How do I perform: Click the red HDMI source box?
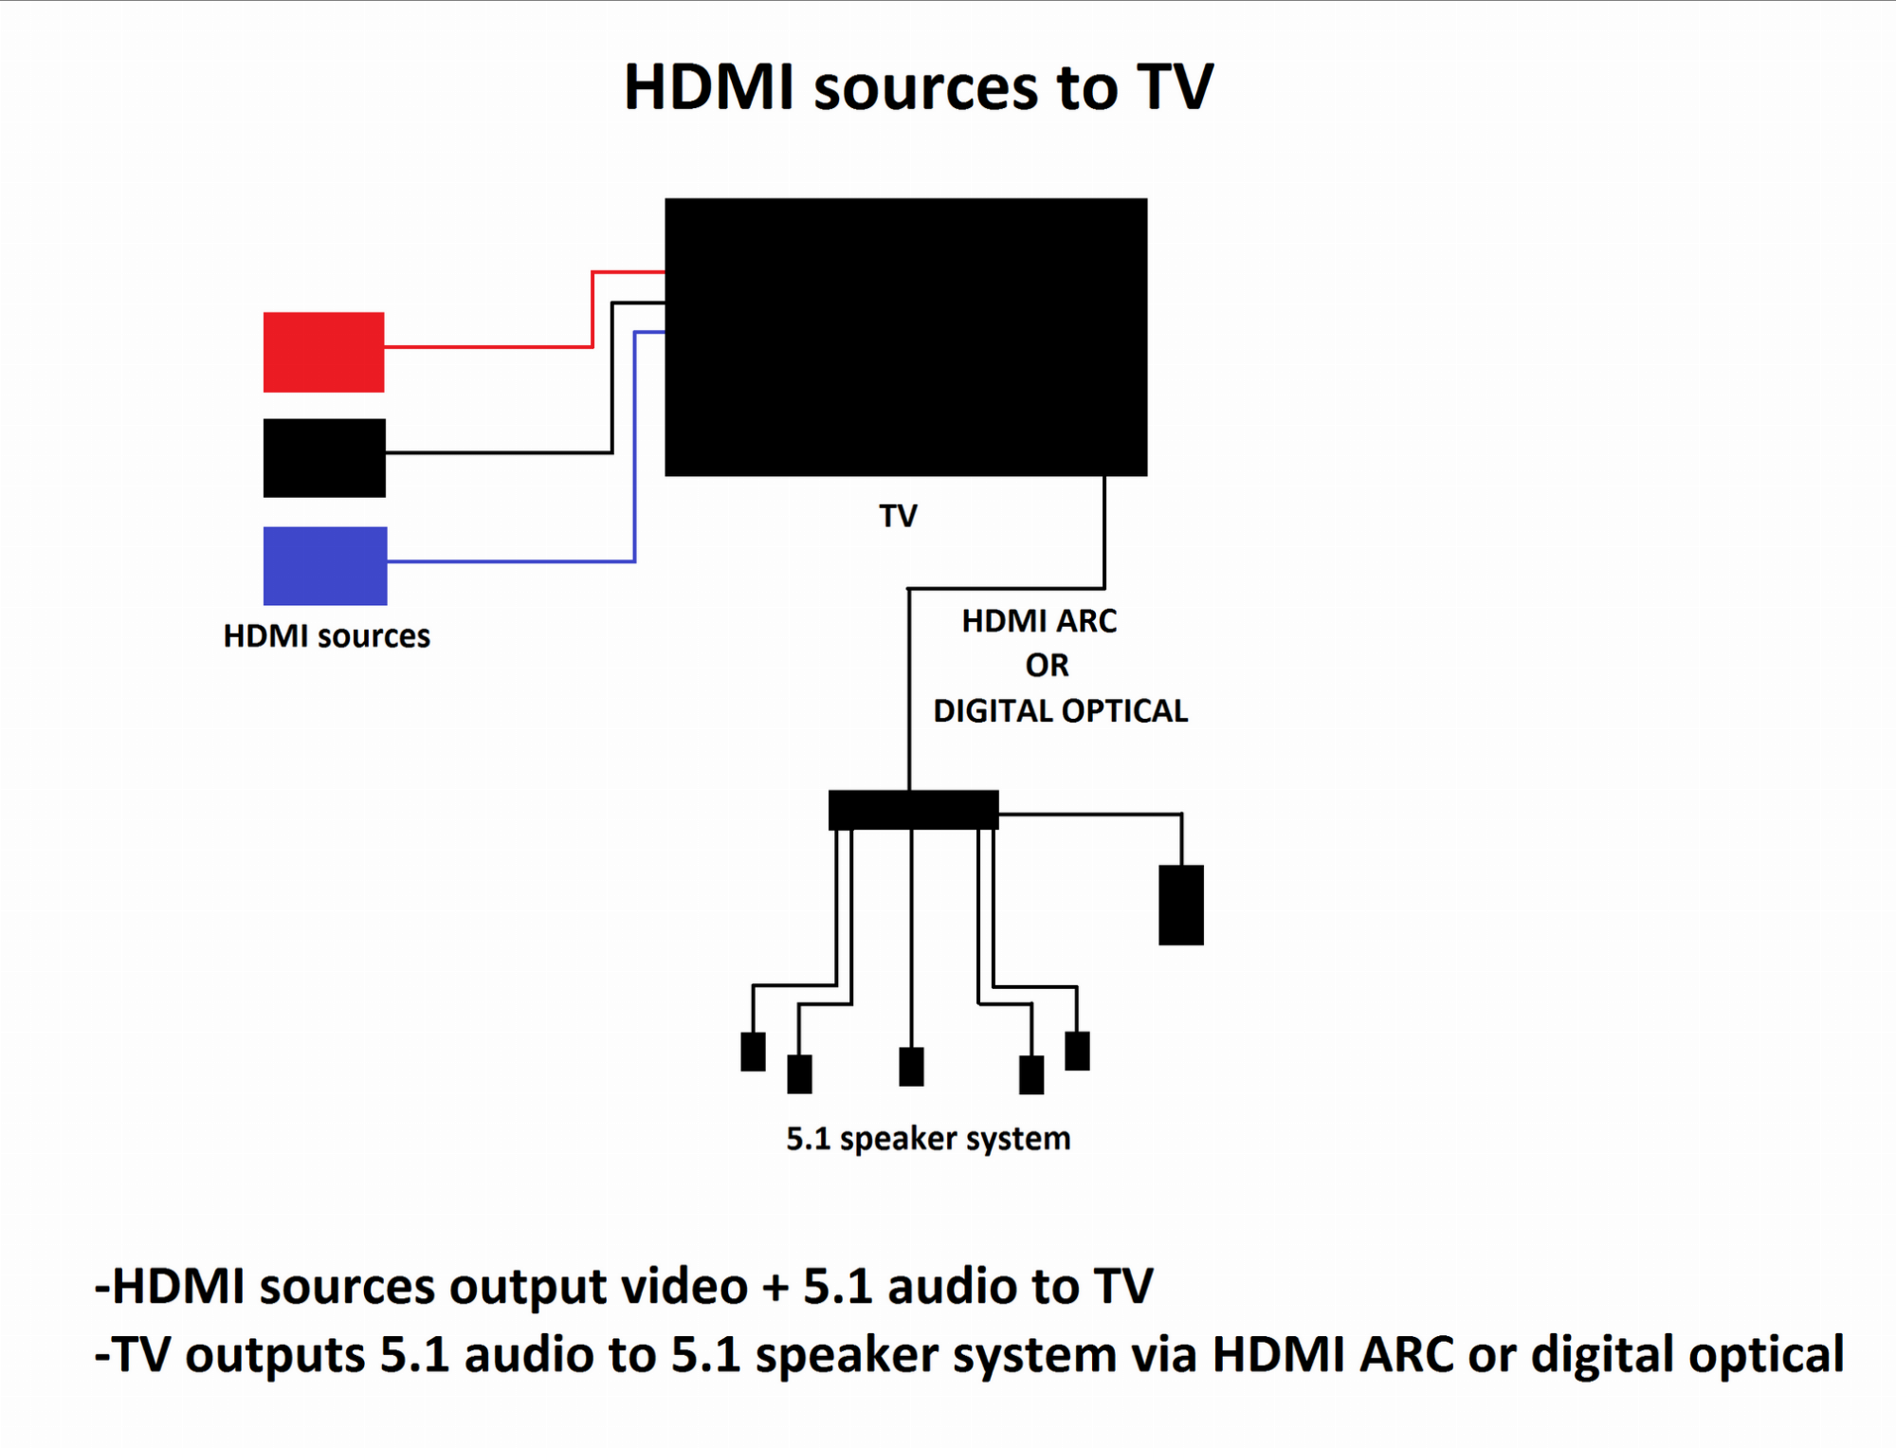coord(323,352)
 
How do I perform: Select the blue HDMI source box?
coord(325,565)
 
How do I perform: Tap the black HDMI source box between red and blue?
coord(324,458)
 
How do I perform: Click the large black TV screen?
coord(905,337)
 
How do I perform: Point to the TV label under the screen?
coord(898,516)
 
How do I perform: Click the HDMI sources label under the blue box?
coord(326,636)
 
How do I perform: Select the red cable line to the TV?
coord(488,347)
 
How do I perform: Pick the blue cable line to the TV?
coord(512,561)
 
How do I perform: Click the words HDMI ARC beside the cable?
coord(1039,621)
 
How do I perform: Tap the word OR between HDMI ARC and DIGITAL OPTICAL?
coord(1047,666)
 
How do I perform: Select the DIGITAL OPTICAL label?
coord(1060,711)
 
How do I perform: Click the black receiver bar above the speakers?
coord(913,809)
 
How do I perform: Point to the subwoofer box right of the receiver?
coord(1181,905)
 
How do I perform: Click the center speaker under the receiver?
coord(911,1067)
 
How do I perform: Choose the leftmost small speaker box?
coord(753,1052)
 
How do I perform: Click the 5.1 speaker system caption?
coord(928,1139)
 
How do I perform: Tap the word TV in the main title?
coord(1175,87)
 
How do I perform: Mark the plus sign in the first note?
coord(775,1288)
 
